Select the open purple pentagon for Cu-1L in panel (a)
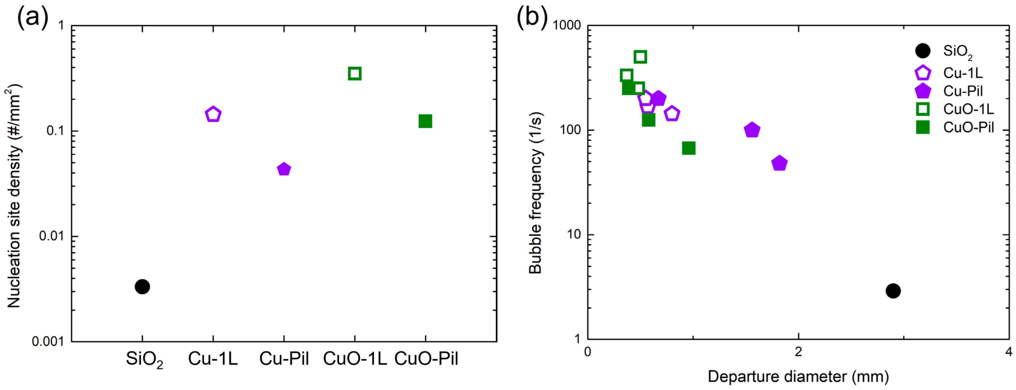pyautogui.click(x=213, y=115)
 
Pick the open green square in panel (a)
pyautogui.click(x=355, y=73)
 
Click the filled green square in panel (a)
pyautogui.click(x=425, y=121)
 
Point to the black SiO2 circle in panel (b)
pyautogui.click(x=893, y=291)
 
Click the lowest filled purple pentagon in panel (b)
pyautogui.click(x=779, y=163)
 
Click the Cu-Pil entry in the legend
pyautogui.click(x=962, y=91)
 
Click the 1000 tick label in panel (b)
pyautogui.click(x=566, y=25)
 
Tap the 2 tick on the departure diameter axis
pyautogui.click(x=798, y=352)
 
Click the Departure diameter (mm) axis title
pyautogui.click(x=798, y=377)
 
